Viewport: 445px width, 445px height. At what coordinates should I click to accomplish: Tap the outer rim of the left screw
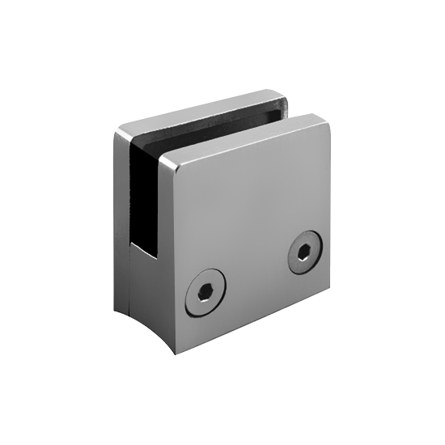pos(189,299)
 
